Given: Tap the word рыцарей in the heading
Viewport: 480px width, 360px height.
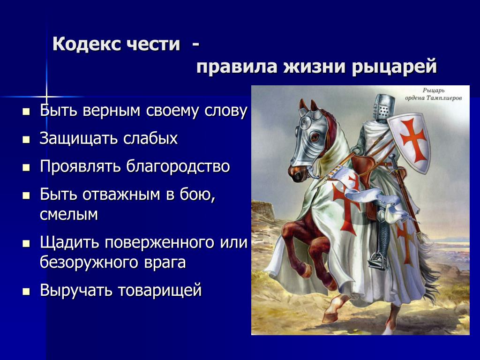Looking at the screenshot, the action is (x=394, y=67).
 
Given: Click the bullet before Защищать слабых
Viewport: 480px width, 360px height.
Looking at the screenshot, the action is (x=26, y=140).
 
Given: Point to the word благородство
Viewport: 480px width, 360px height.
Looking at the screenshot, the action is (x=178, y=167).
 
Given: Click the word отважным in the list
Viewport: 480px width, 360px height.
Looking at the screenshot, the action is (x=121, y=195).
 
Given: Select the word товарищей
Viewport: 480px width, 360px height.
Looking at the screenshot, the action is (x=160, y=291).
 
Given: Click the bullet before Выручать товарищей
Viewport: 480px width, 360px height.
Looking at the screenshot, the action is (x=26, y=292).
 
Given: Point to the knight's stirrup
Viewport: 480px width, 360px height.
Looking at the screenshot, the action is (x=379, y=260).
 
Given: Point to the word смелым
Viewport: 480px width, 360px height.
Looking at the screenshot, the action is (x=69, y=215).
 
